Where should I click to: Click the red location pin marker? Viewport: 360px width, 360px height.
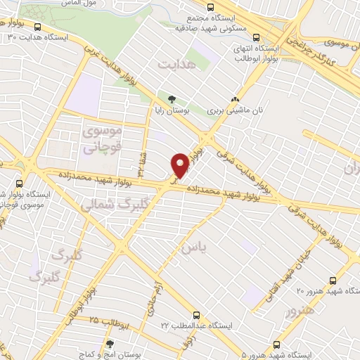pyautogui.click(x=180, y=166)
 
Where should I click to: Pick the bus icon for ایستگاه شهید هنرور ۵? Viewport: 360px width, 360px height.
pyautogui.click(x=276, y=345)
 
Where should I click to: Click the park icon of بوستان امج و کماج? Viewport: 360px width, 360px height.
pyautogui.click(x=108, y=345)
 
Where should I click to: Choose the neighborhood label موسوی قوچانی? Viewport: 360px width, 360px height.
pyautogui.click(x=103, y=140)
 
